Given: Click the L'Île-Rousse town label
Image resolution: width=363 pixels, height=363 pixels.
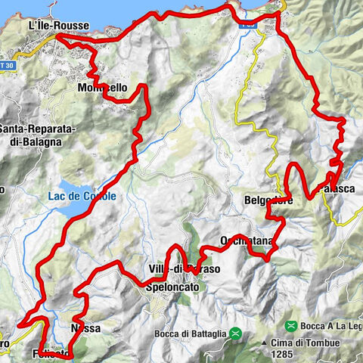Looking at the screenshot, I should coord(58,26).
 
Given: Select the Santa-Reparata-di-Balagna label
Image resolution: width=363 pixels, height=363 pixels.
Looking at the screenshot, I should coord(37,130).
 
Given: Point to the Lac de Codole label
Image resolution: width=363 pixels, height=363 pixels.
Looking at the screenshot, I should coord(89,197).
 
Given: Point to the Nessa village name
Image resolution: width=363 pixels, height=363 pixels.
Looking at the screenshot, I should coord(85,329).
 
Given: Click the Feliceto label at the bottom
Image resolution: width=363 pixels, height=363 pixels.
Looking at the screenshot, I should coord(53,353).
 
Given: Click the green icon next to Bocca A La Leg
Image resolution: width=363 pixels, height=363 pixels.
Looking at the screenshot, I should coord(290,325).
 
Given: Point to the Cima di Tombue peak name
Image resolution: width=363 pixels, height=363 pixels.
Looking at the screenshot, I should coord(321,342).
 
